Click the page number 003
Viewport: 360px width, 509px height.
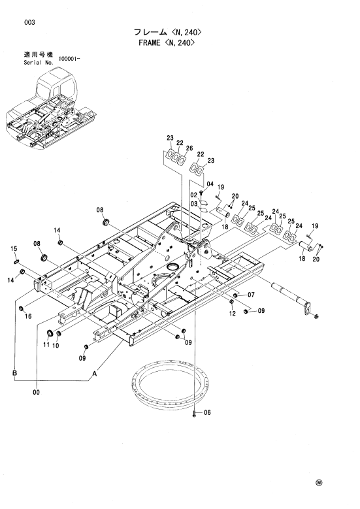pos(29,22)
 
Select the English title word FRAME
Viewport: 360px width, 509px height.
pos(150,42)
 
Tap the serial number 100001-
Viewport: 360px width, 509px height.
pos(69,58)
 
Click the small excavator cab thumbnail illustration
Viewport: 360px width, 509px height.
pos(52,108)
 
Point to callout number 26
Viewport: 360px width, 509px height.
pos(189,148)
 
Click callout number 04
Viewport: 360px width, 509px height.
pos(210,184)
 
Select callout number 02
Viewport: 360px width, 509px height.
pos(194,195)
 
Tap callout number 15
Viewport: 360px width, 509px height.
pos(14,249)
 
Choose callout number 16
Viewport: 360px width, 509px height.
pos(28,316)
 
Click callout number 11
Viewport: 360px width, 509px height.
pos(46,344)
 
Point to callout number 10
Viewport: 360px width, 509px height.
pos(56,346)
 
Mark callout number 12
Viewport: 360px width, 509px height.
pos(232,313)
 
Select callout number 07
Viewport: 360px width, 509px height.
pos(251,295)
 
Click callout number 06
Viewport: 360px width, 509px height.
pos(206,412)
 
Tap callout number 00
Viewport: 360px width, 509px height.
pos(36,392)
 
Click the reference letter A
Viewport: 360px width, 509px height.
pos(95,374)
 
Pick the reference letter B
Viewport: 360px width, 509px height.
pos(14,372)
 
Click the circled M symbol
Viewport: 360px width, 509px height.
pos(319,483)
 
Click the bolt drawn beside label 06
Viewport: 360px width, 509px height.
pos(194,413)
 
